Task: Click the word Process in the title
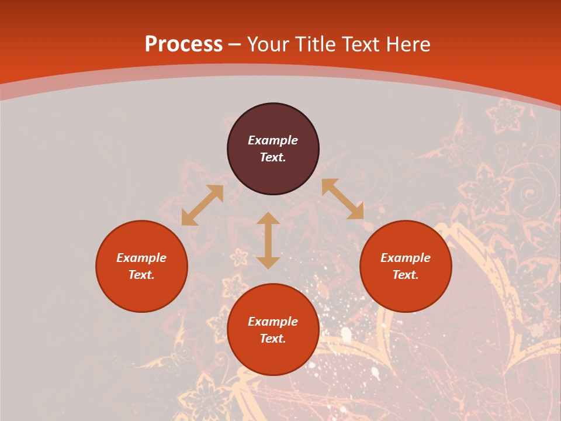[183, 44]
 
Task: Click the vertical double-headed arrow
[268, 241]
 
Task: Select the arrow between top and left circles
[202, 205]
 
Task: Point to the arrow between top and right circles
[342, 199]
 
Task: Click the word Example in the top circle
[273, 140]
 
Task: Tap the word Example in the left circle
[141, 258]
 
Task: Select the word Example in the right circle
[406, 258]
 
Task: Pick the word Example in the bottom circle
[273, 322]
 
